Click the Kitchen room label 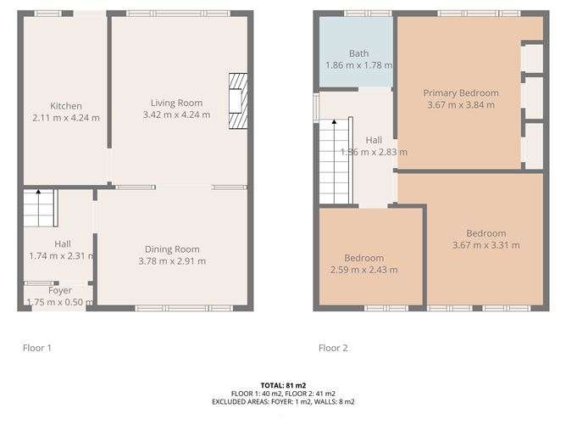coord(66,106)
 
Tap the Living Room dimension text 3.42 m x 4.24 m coord(176,115)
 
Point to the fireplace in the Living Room coord(238,101)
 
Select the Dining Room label coord(172,249)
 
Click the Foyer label coord(60,290)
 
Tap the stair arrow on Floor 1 coord(38,208)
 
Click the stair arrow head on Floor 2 coord(334,122)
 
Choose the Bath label coord(358,53)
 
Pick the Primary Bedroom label coord(461,92)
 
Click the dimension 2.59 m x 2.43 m coord(363,270)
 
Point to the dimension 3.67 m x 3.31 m coord(486,245)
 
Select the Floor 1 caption coord(37,348)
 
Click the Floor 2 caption coord(333,348)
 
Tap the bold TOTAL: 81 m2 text coord(283,385)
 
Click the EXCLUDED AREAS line coord(283,401)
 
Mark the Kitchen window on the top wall coord(48,14)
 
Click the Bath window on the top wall coord(368,14)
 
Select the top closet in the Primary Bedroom coord(533,58)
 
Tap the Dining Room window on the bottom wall coord(184,308)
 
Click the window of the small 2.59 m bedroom coord(386,308)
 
